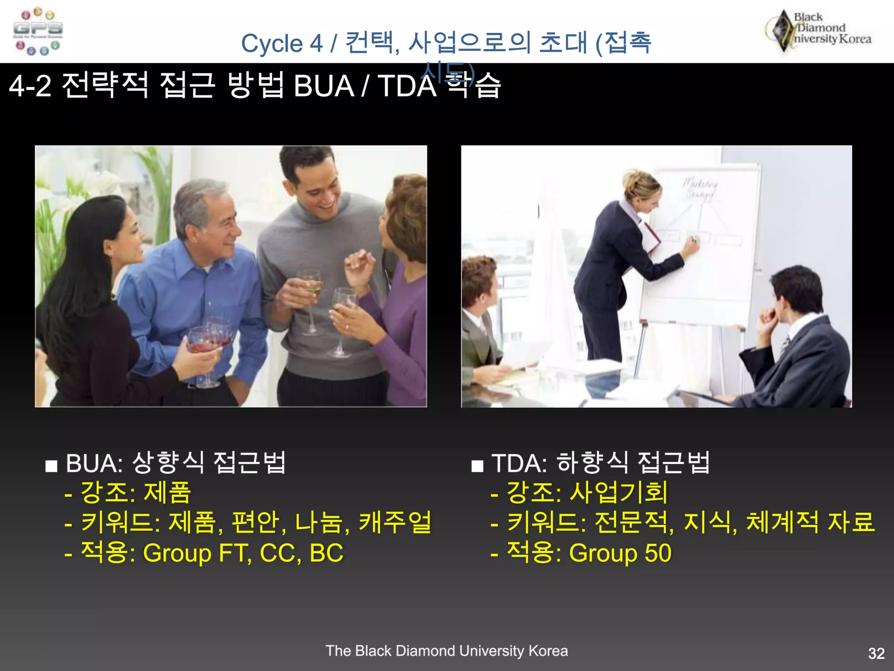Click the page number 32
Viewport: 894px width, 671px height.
[x=876, y=653]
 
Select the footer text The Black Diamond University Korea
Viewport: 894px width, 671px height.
[x=447, y=651]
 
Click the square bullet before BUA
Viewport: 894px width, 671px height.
[x=52, y=466]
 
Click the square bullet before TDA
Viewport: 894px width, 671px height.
[x=477, y=466]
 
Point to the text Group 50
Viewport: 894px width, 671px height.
[x=620, y=553]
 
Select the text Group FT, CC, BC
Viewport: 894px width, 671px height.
[x=243, y=553]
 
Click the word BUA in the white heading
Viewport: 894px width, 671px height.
[x=323, y=86]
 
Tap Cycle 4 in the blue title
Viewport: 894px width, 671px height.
[x=282, y=44]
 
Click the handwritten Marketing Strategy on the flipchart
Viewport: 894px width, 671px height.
[x=700, y=188]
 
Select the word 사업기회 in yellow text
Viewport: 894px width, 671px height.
[x=619, y=492]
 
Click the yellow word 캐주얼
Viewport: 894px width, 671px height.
[x=395, y=522]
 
